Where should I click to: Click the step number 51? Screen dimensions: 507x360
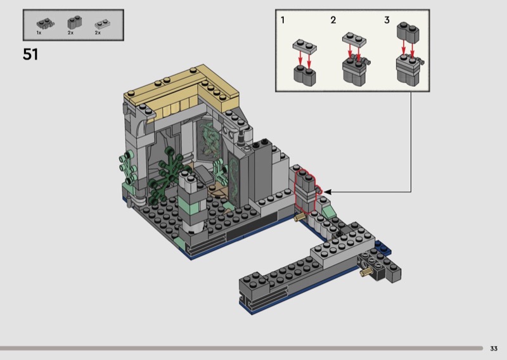point(30,55)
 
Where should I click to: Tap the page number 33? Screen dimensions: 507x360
point(494,349)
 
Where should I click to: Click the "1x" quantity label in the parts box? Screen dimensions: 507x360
point(39,33)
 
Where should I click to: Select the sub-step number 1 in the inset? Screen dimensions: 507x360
point(283,20)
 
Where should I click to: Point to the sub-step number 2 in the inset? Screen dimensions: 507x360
point(333,20)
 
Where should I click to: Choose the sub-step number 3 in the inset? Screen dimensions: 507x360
point(387,20)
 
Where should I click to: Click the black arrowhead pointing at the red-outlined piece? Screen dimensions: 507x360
point(327,192)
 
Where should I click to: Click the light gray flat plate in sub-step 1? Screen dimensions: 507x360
point(305,46)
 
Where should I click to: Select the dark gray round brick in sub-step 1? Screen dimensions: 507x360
point(305,75)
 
